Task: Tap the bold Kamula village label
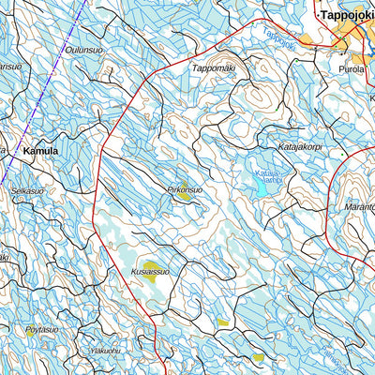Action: (40, 150)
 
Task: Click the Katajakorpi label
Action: (301, 146)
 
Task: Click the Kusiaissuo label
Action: (150, 272)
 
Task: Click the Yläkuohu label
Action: (104, 351)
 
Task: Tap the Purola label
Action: (353, 68)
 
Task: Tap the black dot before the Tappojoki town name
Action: (315, 15)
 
